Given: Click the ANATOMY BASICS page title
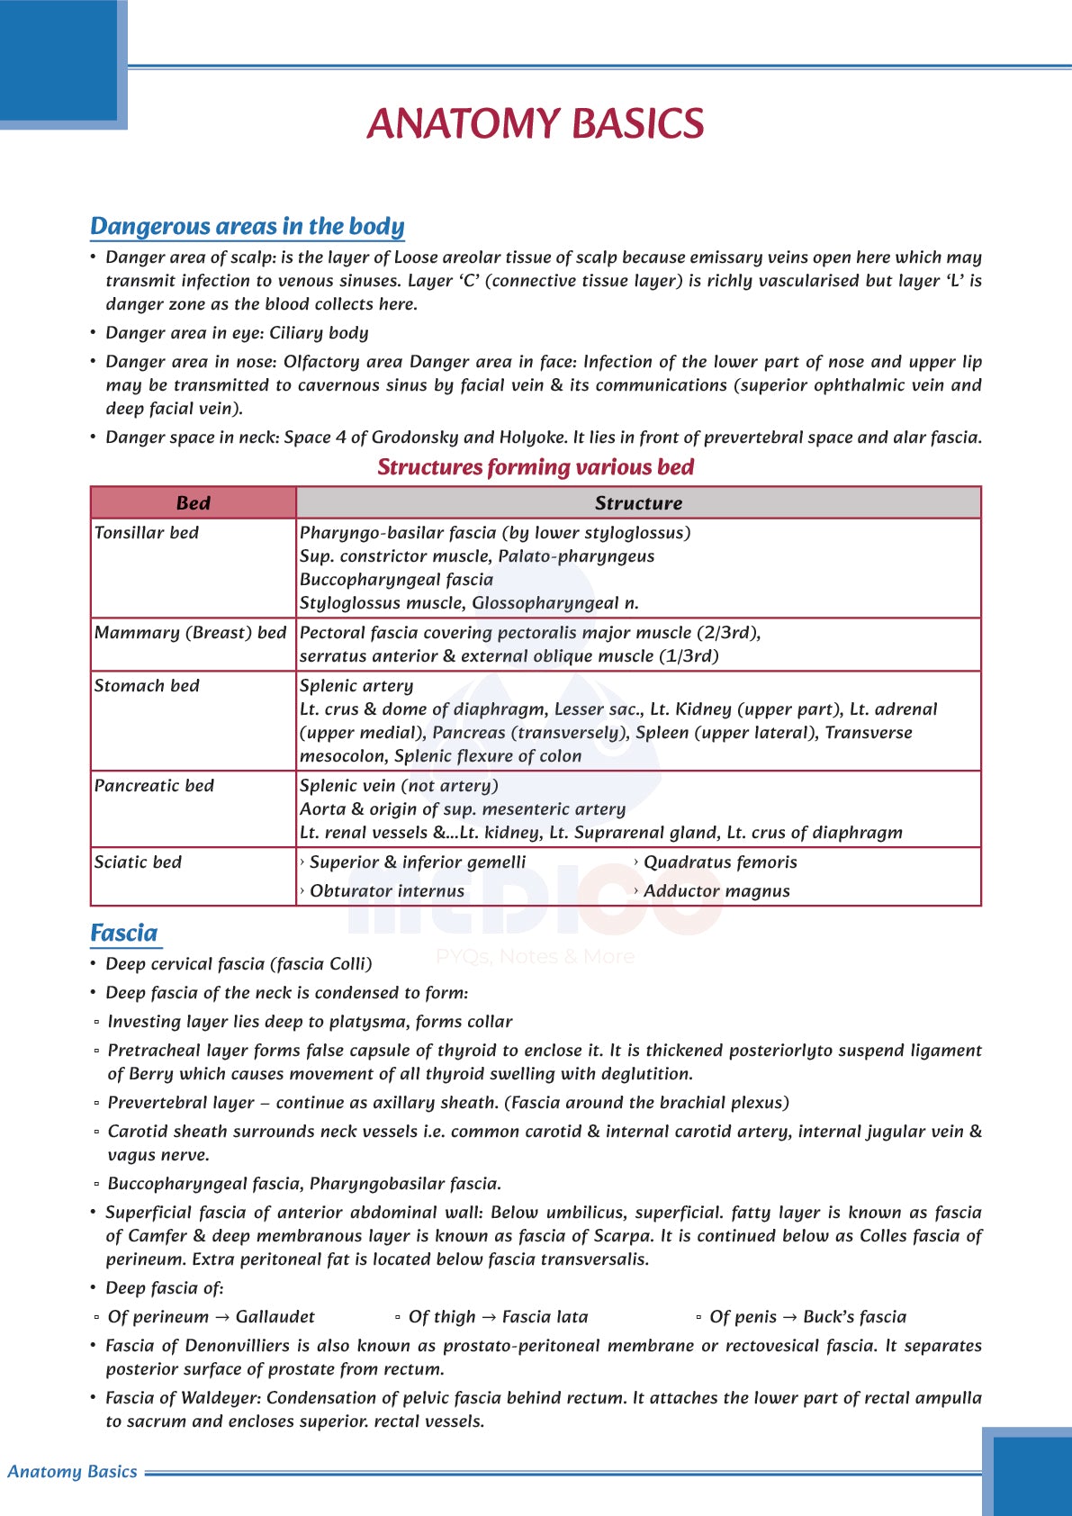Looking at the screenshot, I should click(x=536, y=124).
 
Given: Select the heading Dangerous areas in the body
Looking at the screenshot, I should click(x=248, y=226).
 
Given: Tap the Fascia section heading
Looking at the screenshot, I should click(x=124, y=933).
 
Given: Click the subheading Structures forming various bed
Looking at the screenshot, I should click(x=536, y=467).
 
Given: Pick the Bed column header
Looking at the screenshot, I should click(x=193, y=503).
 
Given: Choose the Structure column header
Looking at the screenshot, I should click(x=638, y=503).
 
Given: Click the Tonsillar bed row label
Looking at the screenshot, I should click(x=147, y=533).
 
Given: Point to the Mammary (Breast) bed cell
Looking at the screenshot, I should click(x=190, y=633).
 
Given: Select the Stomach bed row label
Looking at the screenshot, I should click(x=147, y=686).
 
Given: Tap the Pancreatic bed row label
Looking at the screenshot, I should click(x=154, y=786).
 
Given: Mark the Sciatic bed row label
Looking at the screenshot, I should click(x=138, y=862).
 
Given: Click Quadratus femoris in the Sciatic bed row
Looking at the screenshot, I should click(x=720, y=862).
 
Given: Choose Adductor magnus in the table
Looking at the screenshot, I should click(x=716, y=891).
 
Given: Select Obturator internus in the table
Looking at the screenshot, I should click(x=387, y=891).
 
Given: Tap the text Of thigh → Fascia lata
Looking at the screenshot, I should click(x=498, y=1317).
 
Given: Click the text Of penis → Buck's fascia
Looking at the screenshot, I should click(x=807, y=1317).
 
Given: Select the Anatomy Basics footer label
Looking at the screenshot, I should click(x=72, y=1472).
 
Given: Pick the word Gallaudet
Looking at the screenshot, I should click(x=275, y=1317).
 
